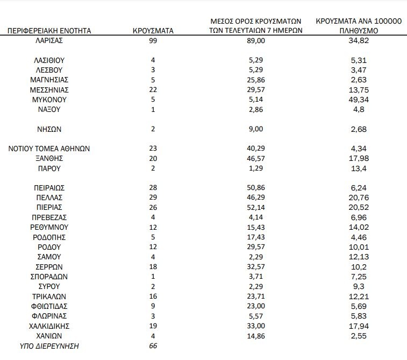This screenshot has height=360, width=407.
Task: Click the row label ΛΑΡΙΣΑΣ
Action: coord(49,40)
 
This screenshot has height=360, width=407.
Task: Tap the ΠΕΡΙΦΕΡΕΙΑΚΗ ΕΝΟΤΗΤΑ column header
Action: coord(49,31)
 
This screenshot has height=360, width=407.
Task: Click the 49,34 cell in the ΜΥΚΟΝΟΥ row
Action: coord(359,100)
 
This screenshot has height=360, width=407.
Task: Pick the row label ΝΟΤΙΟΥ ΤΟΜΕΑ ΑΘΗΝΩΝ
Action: coord(49,149)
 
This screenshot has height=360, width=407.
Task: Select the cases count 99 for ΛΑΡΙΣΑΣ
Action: coord(153,40)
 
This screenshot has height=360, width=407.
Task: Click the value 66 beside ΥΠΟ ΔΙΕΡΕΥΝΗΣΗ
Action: coord(153,346)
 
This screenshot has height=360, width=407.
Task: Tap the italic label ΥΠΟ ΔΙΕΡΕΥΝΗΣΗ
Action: coord(49,346)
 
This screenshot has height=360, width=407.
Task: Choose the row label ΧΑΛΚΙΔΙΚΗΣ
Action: coord(49,326)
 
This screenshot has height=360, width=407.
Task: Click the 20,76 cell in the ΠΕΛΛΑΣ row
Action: coord(359,197)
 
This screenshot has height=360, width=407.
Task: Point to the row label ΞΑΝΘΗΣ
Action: coord(49,158)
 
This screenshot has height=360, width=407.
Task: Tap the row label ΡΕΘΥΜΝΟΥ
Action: coord(49,227)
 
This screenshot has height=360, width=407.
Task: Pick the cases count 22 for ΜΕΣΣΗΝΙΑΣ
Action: coord(153,90)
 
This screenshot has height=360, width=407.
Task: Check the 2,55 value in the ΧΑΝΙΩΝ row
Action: coord(359,336)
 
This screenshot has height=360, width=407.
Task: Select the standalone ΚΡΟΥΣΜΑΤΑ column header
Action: coord(153,31)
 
